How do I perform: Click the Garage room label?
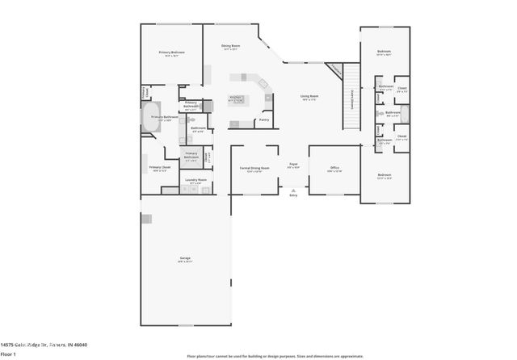tap(185, 259)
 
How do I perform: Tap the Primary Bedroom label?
tap(170, 54)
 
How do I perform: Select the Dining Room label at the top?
tap(232, 47)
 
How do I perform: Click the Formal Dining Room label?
tap(254, 169)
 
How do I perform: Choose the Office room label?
tap(334, 169)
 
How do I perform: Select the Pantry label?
tap(263, 121)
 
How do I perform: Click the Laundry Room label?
tap(195, 181)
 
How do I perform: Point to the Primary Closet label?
tap(158, 169)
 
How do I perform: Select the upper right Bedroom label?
tap(384, 52)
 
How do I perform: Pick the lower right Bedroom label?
tap(384, 175)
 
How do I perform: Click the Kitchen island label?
tap(237, 98)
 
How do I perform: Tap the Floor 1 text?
tap(9, 354)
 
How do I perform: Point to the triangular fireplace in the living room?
tap(334, 70)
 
